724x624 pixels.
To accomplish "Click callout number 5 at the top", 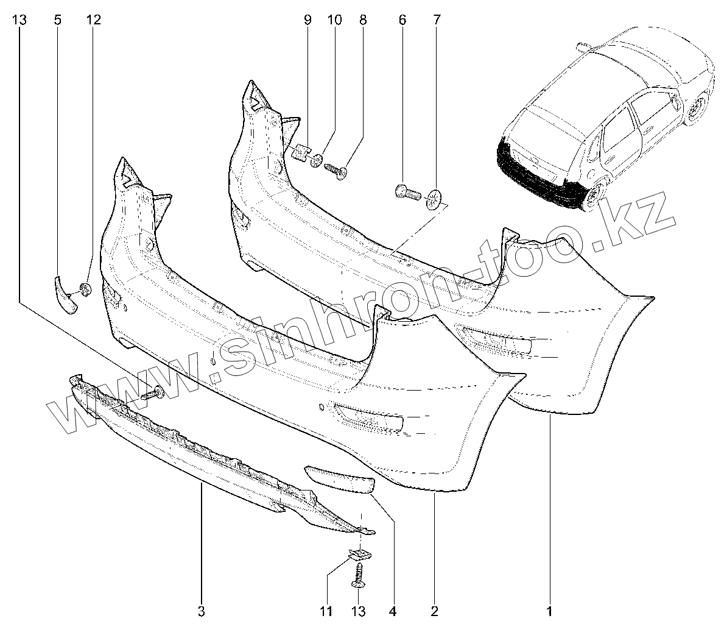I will (x=58, y=19).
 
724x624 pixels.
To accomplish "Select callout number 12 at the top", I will (x=93, y=19).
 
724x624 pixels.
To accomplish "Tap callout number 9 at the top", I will (x=308, y=19).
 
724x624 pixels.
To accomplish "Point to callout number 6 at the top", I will (x=402, y=19).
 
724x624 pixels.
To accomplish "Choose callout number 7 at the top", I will (x=436, y=19).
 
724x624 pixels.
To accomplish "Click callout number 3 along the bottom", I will (x=201, y=611).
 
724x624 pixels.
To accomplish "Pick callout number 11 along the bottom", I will (x=326, y=611).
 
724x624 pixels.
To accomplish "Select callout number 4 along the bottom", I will (x=393, y=611).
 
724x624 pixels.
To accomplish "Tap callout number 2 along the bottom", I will (x=434, y=611).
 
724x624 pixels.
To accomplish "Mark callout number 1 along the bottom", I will (x=550, y=611).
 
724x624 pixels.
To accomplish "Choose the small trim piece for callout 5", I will (x=65, y=295).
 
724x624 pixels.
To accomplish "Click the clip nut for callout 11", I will (x=360, y=554).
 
